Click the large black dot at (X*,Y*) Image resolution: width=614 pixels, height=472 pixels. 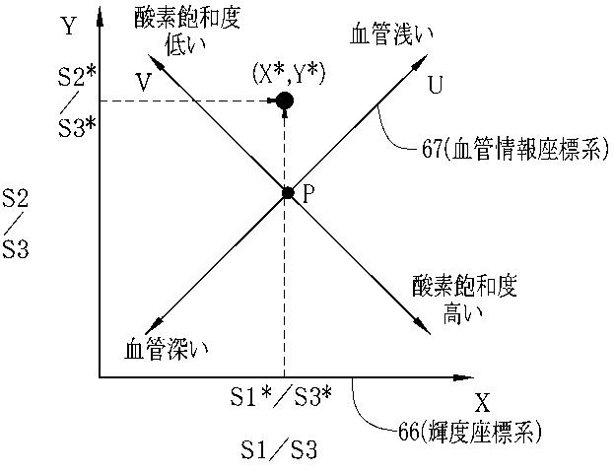pos(285,100)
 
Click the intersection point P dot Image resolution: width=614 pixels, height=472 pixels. pos(288,193)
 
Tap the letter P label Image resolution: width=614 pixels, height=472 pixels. pos(307,193)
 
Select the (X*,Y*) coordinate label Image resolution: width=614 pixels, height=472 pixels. pos(288,72)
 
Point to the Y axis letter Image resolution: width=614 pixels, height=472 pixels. pos(68,27)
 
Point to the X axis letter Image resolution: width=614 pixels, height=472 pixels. pos(482,402)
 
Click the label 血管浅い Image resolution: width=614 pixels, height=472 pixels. pos(391,34)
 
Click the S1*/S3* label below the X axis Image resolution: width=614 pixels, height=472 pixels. pos(281,396)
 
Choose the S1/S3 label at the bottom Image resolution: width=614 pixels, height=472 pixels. pos(280,452)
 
